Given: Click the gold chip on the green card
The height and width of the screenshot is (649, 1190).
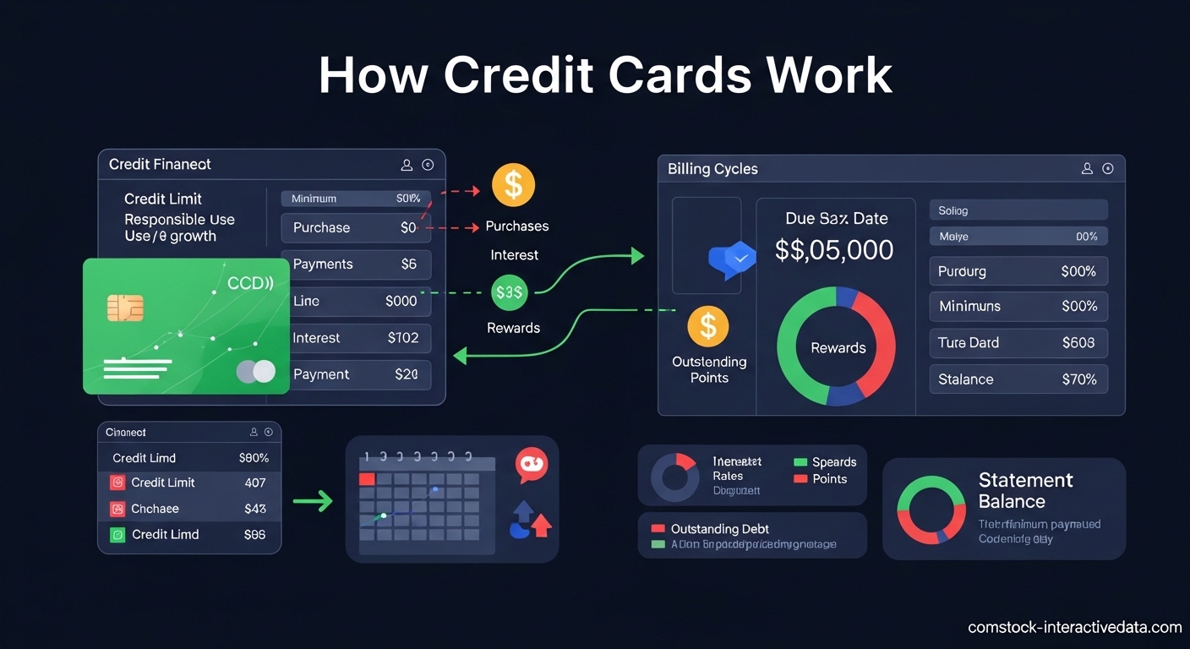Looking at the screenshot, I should pyautogui.click(x=125, y=308).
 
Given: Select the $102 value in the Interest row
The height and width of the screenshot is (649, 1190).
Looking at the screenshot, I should pyautogui.click(x=403, y=338).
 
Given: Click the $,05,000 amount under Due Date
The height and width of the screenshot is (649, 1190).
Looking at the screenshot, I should pyautogui.click(x=834, y=250).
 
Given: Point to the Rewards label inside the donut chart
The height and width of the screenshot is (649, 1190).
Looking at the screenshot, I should pyautogui.click(x=838, y=348).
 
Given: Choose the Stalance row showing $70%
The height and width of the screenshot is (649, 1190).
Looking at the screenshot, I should pyautogui.click(x=1018, y=379).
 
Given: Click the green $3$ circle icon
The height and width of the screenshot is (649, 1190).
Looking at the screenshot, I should pyautogui.click(x=510, y=292).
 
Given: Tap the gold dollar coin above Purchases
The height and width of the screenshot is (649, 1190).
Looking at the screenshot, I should pyautogui.click(x=513, y=185).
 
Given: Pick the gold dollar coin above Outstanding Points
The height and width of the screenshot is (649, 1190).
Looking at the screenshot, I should pyautogui.click(x=708, y=326).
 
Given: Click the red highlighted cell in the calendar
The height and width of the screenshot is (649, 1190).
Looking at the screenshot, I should pyautogui.click(x=367, y=479).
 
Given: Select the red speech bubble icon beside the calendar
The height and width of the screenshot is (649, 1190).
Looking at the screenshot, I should pyautogui.click(x=532, y=465).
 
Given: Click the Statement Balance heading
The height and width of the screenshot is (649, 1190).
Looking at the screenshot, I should pyautogui.click(x=1025, y=491).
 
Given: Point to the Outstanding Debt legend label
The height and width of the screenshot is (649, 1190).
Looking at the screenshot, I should pyautogui.click(x=719, y=529).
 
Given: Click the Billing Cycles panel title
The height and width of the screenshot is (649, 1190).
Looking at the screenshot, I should pyautogui.click(x=712, y=169).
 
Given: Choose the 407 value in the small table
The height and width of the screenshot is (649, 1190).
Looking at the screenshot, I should pyautogui.click(x=254, y=483).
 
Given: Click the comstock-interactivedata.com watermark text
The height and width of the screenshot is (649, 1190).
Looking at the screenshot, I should pyautogui.click(x=1074, y=627).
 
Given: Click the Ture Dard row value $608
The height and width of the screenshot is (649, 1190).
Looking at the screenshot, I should pyautogui.click(x=1078, y=343).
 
